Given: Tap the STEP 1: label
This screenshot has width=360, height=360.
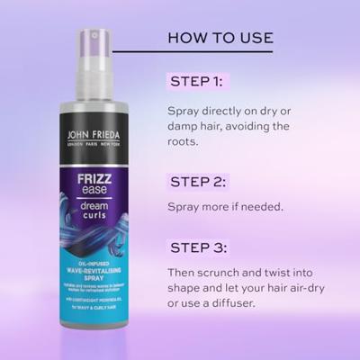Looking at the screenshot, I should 196,82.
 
